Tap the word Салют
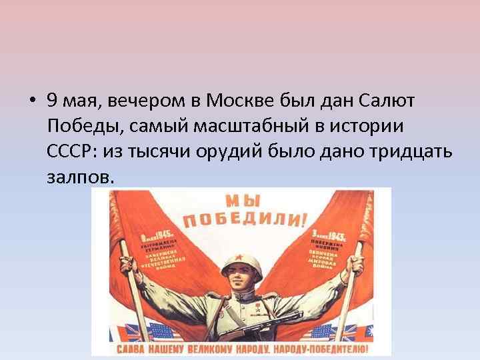pos(387,101)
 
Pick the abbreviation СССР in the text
pos(70,151)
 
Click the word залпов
pos(80,177)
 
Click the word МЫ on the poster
pos(243,201)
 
